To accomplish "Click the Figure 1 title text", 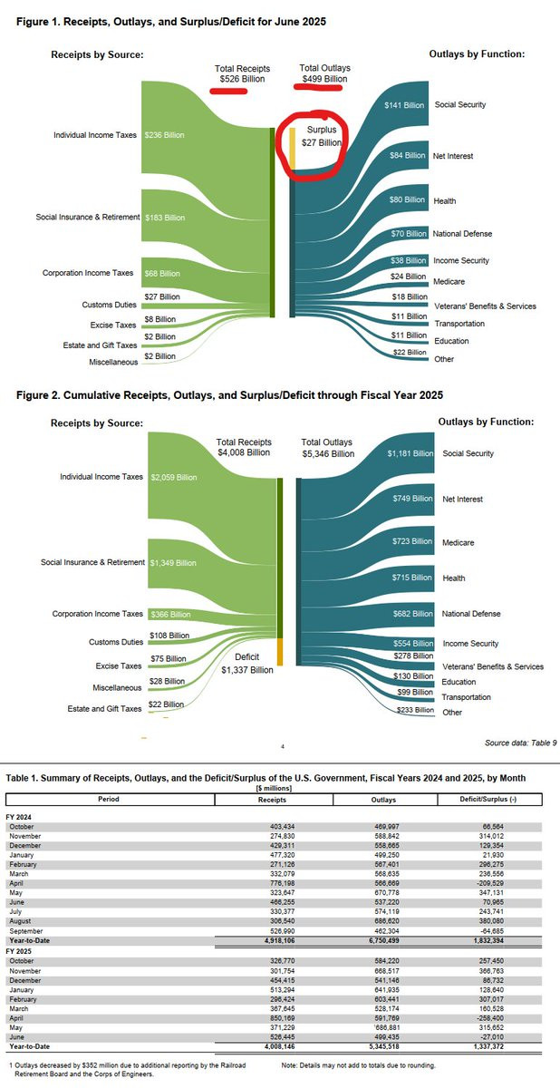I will pyautogui.click(x=171, y=21).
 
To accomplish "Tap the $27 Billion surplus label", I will pyautogui.click(x=322, y=142).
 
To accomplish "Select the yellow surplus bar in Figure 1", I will pyautogui.click(x=293, y=149).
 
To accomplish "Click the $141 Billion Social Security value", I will pyautogui.click(x=405, y=105).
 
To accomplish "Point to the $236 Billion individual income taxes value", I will pyautogui.click(x=164, y=135).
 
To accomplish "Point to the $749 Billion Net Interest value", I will pyautogui.click(x=410, y=500).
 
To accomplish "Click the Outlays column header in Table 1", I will pyautogui.click(x=382, y=800).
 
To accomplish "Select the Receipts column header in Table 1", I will pyautogui.click(x=273, y=800).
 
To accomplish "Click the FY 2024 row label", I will pyautogui.click(x=23, y=817).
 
